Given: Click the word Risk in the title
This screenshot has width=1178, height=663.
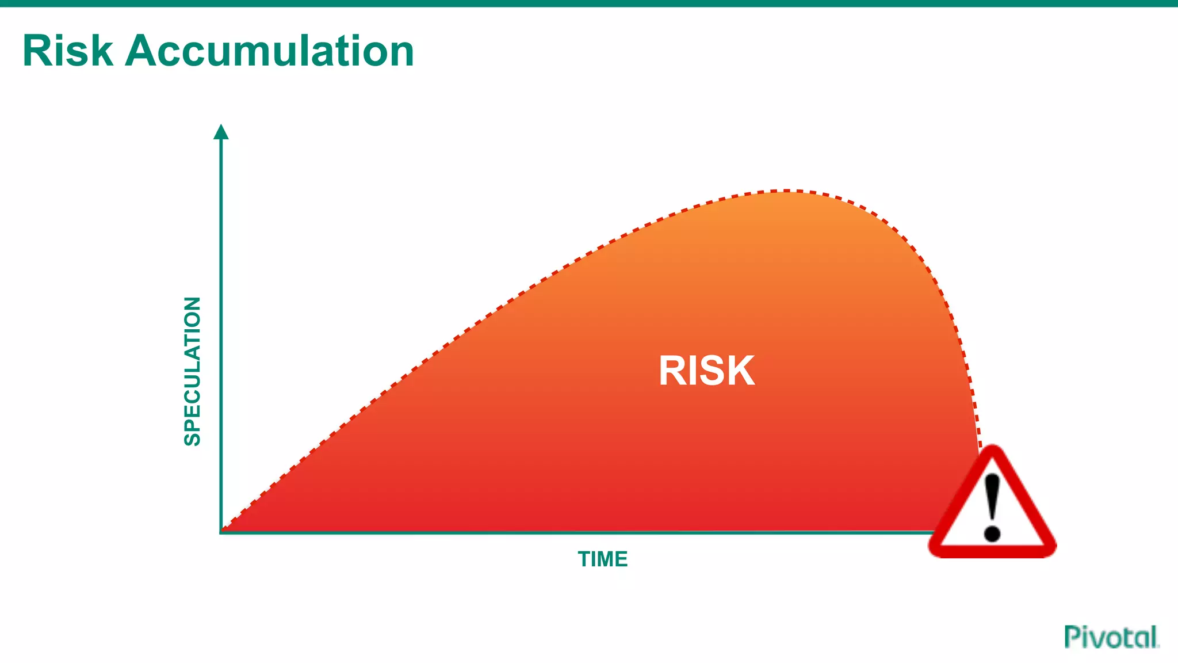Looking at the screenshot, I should coord(68,51).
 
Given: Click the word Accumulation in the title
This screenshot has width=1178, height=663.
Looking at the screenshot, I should coord(269,51).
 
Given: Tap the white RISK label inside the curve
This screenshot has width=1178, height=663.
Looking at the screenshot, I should coord(706,371).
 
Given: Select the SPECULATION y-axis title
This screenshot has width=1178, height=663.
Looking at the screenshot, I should coord(192,371).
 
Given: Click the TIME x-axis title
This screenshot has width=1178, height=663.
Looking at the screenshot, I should coord(602,559).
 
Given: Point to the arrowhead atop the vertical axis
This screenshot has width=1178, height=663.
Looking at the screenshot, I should coord(221,132).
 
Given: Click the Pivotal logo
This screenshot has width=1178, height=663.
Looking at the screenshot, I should coord(1111,637).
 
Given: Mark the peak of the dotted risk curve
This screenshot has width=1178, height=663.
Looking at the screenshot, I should coord(785,190).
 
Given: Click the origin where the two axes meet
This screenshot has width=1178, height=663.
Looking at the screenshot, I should coord(221,532).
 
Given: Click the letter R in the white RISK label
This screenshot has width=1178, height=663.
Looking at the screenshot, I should coord(672,371).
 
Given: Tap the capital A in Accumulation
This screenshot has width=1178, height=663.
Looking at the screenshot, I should coord(140,51).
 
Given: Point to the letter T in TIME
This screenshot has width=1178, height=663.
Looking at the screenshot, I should coord(584,559).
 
